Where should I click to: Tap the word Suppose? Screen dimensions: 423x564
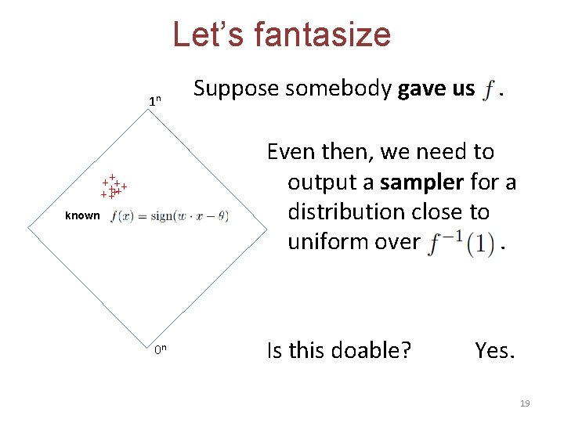[x=236, y=89]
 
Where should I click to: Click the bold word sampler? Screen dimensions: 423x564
[x=422, y=183]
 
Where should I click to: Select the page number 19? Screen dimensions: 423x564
[x=525, y=403]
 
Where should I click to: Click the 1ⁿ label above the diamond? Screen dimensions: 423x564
[x=155, y=101]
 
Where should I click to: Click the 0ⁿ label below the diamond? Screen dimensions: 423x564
[x=160, y=350]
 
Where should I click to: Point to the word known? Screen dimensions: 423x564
[x=82, y=216]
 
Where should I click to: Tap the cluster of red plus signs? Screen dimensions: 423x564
[x=114, y=187]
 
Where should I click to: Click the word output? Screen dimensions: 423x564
[x=330, y=183]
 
